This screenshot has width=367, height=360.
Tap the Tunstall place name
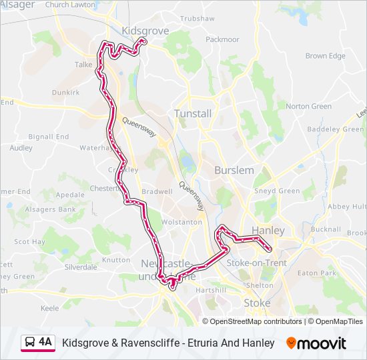[193, 114]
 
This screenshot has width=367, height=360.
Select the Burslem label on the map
[234, 171]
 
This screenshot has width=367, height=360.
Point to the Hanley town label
[268, 231]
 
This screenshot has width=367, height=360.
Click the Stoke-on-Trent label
[257, 263]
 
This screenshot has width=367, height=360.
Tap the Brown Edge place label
[326, 56]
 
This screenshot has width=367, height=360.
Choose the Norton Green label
[308, 106]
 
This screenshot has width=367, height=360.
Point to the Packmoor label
[222, 39]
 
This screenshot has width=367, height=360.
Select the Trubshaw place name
[198, 19]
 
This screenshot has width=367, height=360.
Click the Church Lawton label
[70, 5]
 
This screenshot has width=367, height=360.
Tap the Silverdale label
[81, 267]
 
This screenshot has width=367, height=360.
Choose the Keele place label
[50, 308]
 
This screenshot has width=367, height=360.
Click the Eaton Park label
[317, 273]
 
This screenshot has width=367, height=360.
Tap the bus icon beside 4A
[30, 343]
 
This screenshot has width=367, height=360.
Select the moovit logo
[316, 343]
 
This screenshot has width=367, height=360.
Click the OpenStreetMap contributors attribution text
[256, 321]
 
